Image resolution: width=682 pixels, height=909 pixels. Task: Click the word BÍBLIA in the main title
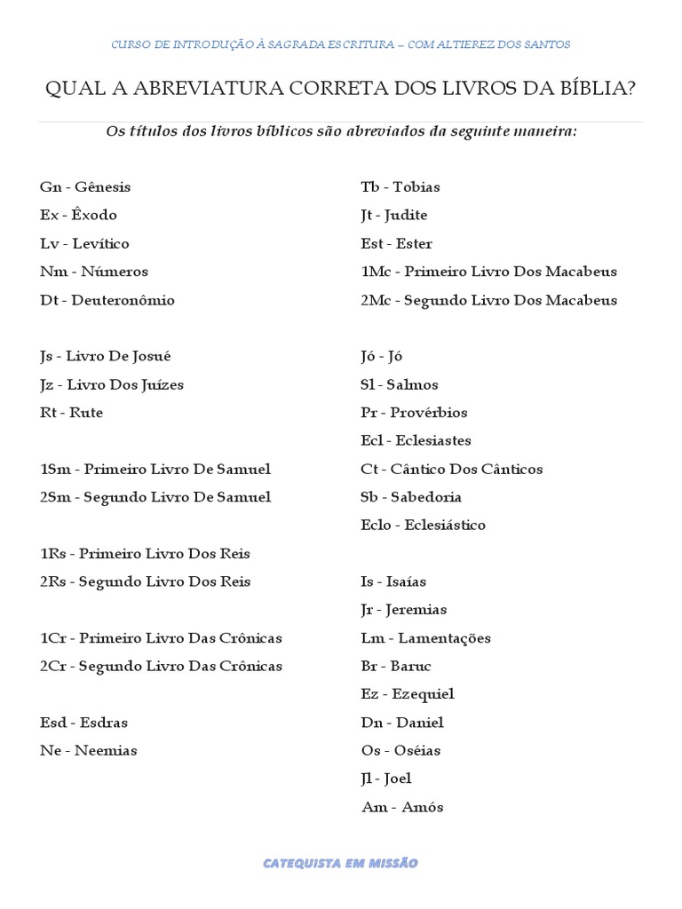point(597,89)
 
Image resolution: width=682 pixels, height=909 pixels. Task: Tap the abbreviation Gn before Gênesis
point(50,187)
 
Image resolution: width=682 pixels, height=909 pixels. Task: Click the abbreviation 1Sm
point(55,470)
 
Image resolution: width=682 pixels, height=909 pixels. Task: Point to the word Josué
point(152,357)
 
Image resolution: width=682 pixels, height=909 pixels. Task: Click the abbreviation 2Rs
point(53,582)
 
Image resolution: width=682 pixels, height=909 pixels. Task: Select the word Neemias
point(106,751)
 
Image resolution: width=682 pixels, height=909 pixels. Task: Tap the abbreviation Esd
point(53,723)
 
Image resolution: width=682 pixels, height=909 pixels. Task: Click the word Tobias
point(416,187)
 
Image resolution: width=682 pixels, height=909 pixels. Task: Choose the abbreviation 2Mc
point(377,300)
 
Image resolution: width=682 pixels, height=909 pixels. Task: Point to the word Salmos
point(413,385)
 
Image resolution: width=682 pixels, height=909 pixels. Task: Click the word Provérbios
point(429,413)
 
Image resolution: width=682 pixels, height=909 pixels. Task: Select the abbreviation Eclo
point(376,526)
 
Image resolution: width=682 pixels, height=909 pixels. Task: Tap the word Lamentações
point(444,638)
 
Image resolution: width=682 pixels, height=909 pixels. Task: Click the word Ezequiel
point(424,694)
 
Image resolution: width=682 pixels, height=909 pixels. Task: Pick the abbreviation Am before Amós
point(374,808)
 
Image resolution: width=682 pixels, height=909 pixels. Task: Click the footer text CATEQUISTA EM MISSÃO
point(340,863)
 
